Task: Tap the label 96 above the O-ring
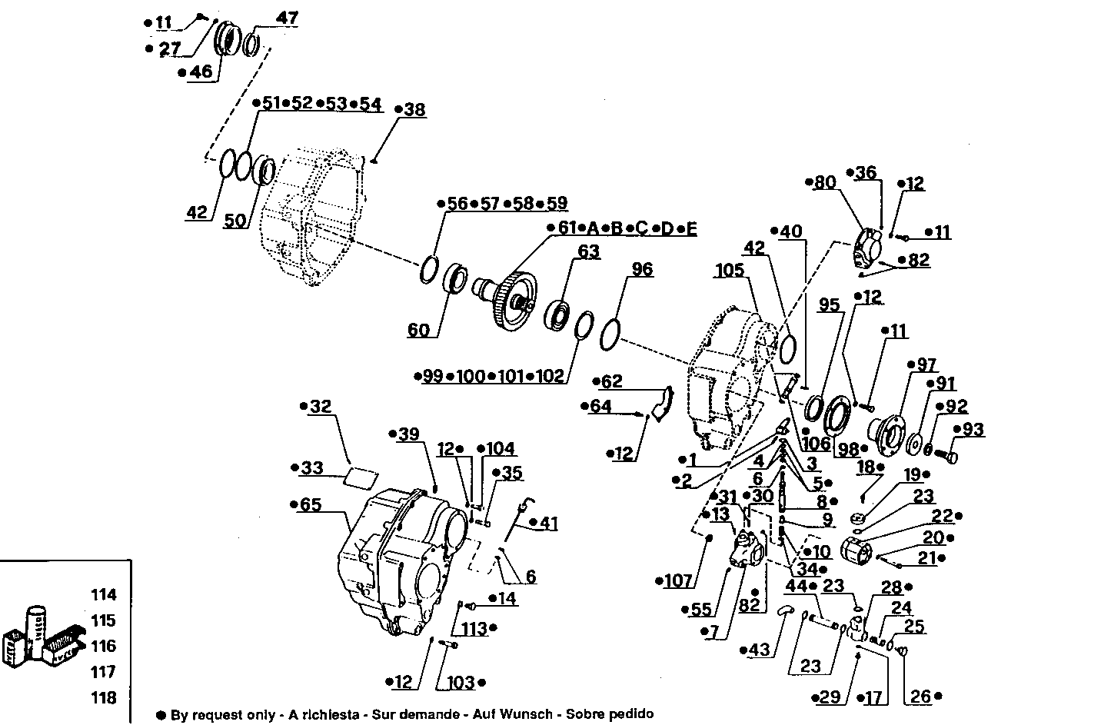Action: (642, 268)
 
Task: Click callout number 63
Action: (588, 251)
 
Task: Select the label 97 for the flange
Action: (925, 364)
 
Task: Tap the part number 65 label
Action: (311, 505)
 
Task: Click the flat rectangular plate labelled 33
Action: (359, 477)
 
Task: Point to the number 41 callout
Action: (547, 523)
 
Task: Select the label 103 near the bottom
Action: (461, 682)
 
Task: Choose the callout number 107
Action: (677, 581)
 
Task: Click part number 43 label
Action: (758, 650)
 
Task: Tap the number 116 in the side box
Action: (104, 646)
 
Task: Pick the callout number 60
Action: (418, 330)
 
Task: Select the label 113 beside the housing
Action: (474, 629)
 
